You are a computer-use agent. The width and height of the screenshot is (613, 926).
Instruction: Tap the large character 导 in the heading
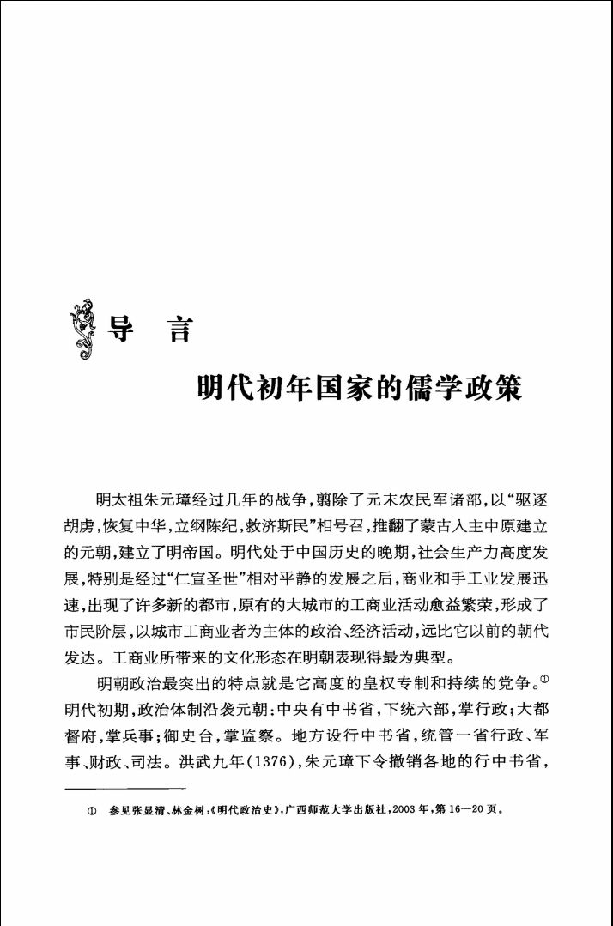coord(119,329)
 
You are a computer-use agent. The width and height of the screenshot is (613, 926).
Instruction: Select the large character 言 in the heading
coord(178,329)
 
